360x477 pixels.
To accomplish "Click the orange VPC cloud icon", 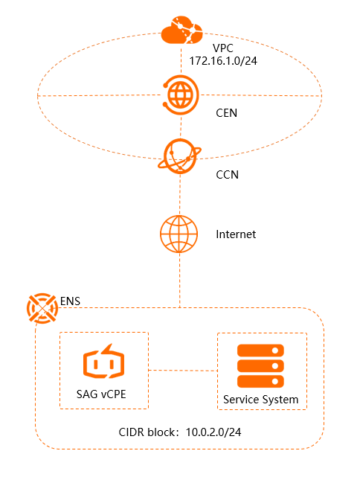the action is (181, 30).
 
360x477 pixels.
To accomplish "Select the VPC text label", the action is (223, 48).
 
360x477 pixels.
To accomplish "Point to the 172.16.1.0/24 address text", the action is (223, 61).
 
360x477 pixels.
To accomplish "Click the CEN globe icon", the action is (181, 95).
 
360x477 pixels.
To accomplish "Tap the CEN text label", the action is (227, 113).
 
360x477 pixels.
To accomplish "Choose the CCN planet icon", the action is (180, 156).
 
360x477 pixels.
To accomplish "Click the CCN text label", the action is (227, 175).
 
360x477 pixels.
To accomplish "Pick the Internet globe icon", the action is (179, 234).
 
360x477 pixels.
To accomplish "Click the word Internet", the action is (236, 234).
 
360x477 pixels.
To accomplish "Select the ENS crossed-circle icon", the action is (42, 308).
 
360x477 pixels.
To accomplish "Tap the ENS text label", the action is (70, 301).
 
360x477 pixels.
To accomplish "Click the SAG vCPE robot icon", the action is (103, 362).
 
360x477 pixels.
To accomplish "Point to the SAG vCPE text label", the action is (101, 394).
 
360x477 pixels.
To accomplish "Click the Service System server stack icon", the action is (260, 366).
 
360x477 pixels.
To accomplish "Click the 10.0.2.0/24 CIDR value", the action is (213, 432).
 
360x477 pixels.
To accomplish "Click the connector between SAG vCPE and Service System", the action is (183, 371).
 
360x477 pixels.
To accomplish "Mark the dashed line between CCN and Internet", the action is (180, 195).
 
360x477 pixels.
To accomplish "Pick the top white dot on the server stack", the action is (275, 350).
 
